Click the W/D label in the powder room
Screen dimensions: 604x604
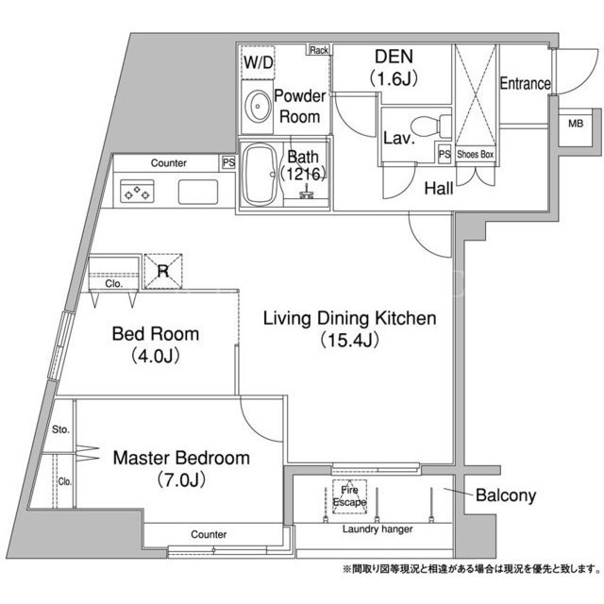258,62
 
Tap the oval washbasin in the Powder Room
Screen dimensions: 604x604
258,107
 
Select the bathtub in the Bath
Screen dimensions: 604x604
260,176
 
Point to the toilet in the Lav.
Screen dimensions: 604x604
430,126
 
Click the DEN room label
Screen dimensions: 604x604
394,57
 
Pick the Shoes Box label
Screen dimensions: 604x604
476,155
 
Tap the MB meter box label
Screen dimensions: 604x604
576,124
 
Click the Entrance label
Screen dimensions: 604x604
525,83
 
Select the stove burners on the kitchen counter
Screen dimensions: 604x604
137,192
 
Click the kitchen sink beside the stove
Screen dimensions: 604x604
198,192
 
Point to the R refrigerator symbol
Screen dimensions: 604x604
163,271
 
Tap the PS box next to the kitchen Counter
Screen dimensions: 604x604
228,162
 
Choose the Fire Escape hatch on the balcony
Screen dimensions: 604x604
350,496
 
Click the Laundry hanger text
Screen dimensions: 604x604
377,529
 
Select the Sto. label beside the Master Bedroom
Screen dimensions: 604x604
60,429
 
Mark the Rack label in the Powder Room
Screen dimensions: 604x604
319,50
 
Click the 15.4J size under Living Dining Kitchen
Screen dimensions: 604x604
350,340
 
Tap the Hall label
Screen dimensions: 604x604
439,189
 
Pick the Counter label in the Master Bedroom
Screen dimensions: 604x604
209,534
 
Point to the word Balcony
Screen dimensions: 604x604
506,495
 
